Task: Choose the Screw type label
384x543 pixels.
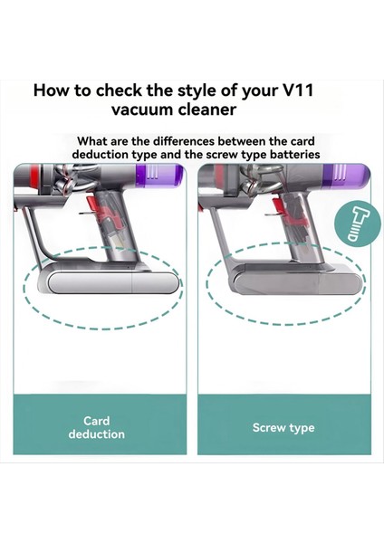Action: coord(283,427)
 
